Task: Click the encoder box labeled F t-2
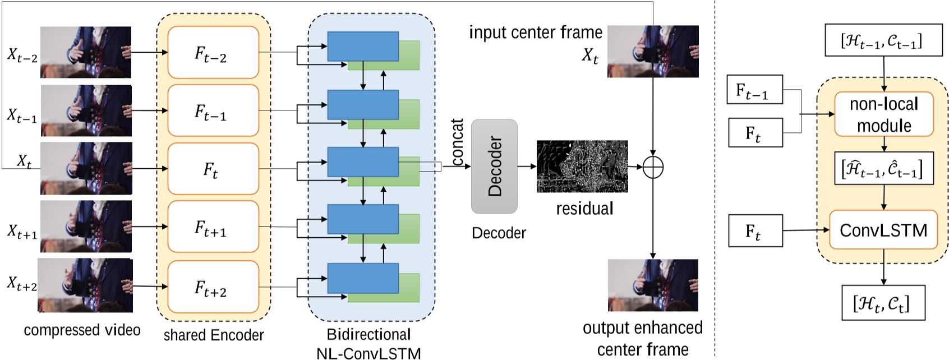pyautogui.click(x=213, y=53)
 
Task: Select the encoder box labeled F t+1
pyautogui.click(x=213, y=227)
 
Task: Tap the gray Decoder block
pyautogui.click(x=494, y=166)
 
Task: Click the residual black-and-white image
pyautogui.click(x=582, y=167)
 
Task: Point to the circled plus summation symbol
pyautogui.click(x=653, y=167)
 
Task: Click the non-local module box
pyautogui.click(x=884, y=114)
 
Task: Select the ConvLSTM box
pyautogui.click(x=883, y=230)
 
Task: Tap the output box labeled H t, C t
pyautogui.click(x=883, y=303)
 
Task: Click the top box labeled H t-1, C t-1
pyautogui.click(x=883, y=40)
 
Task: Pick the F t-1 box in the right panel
pyautogui.click(x=754, y=90)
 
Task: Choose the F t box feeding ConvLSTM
pyautogui.click(x=755, y=230)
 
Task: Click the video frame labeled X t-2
pyautogui.click(x=86, y=52)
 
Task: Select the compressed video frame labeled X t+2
pyautogui.click(x=86, y=285)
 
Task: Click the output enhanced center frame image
pyautogui.click(x=653, y=285)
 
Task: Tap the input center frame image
pyautogui.click(x=653, y=52)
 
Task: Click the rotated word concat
pyautogui.click(x=458, y=142)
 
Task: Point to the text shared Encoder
pyautogui.click(x=214, y=335)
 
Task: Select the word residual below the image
pyautogui.click(x=584, y=209)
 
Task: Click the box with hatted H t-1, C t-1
pyautogui.click(x=883, y=168)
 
